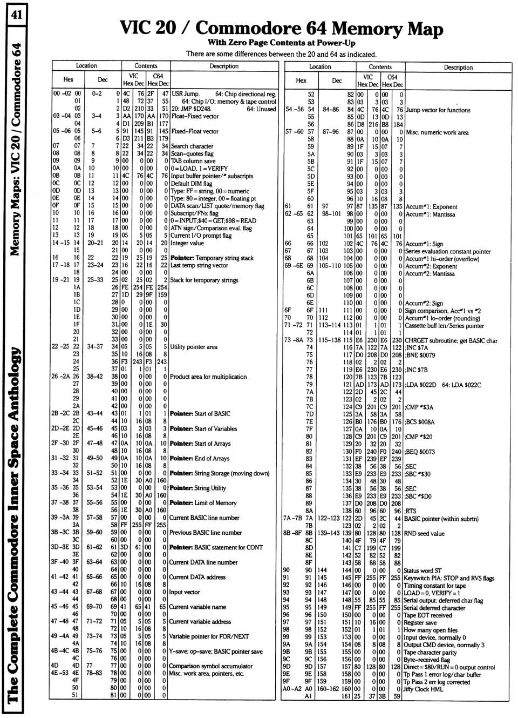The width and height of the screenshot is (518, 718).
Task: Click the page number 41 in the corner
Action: click(x=15, y=15)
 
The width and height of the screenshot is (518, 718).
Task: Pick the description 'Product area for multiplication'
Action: click(x=208, y=377)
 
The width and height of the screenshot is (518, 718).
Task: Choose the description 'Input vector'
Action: click(x=185, y=592)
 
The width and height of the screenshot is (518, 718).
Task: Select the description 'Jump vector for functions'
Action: click(x=438, y=110)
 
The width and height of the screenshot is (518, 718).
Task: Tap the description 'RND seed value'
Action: click(x=424, y=533)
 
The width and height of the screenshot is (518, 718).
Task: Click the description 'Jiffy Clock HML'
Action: click(x=424, y=689)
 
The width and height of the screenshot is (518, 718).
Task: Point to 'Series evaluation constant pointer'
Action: click(x=448, y=251)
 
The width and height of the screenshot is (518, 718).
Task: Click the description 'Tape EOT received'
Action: click(x=428, y=615)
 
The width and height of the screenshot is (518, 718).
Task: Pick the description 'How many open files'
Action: click(x=431, y=630)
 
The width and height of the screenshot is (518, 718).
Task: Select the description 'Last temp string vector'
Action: click(x=199, y=265)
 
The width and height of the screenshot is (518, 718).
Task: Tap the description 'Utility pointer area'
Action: click(x=194, y=347)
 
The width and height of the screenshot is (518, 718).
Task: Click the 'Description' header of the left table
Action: click(x=224, y=66)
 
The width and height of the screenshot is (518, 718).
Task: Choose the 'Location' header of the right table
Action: click(x=320, y=67)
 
